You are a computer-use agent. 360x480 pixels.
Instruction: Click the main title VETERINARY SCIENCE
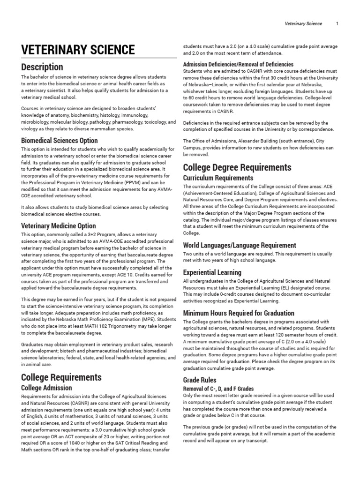click(x=78, y=50)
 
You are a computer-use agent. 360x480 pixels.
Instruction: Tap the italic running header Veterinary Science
click(x=303, y=24)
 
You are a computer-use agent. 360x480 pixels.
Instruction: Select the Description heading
click(x=42, y=67)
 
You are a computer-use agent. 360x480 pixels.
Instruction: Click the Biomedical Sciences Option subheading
click(x=60, y=140)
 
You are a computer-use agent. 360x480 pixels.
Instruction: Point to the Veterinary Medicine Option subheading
click(x=59, y=226)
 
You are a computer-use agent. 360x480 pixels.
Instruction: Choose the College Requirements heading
click(x=61, y=377)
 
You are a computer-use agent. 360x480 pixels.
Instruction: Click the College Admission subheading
click(x=47, y=388)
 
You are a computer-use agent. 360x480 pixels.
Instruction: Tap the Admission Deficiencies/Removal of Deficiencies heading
click(x=238, y=64)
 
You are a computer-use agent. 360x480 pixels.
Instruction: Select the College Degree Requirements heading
click(x=237, y=167)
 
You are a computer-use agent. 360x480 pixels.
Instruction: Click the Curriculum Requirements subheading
click(x=218, y=178)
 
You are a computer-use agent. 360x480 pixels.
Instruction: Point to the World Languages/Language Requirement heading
click(x=240, y=245)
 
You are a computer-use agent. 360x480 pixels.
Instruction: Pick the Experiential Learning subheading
click(x=212, y=272)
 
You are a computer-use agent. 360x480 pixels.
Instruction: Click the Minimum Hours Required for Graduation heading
click(x=239, y=313)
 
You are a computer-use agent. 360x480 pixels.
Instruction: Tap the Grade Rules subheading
click(x=200, y=380)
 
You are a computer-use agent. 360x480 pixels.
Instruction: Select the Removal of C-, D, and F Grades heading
click(x=218, y=389)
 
